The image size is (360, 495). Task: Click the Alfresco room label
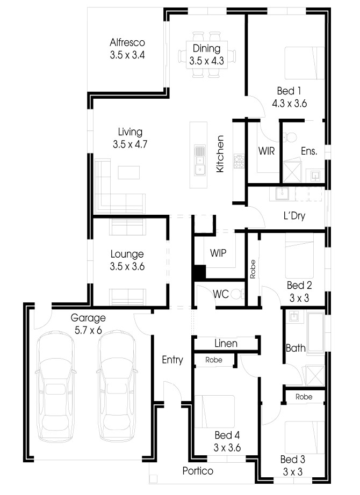tap(127, 42)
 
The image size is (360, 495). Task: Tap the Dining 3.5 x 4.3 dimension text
tap(206, 61)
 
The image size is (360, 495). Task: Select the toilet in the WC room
tap(237, 294)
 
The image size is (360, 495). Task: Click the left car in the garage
tap(56, 386)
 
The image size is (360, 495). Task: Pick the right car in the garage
tap(118, 386)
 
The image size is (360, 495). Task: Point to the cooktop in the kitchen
tap(239, 161)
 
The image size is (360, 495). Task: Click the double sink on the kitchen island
tap(199, 161)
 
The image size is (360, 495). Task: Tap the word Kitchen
tap(220, 154)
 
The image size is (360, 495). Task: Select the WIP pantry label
tap(218, 253)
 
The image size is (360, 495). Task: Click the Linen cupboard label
tap(226, 343)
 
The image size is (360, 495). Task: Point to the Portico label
tap(198, 471)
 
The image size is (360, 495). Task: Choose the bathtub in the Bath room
tap(315, 332)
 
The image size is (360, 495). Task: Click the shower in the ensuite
tap(292, 172)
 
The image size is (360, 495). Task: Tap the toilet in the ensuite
tap(290, 137)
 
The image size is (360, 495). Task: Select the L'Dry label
tap(294, 216)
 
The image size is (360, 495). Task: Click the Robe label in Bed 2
tap(253, 269)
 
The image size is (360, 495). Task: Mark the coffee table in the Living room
tap(129, 172)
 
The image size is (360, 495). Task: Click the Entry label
tap(172, 360)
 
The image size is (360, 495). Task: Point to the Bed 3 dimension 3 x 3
tap(293, 471)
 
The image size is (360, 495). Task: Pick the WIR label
tap(267, 151)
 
